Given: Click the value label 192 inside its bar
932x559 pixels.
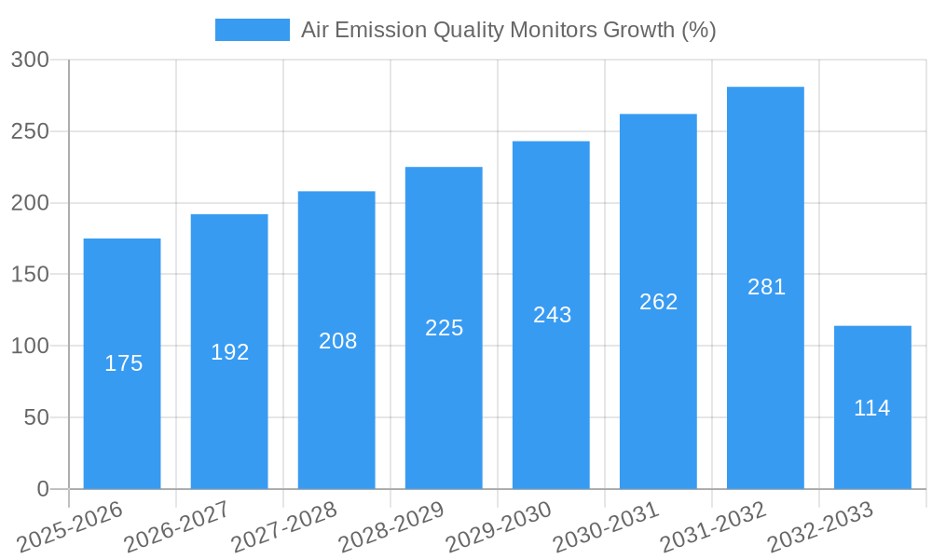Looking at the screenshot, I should tap(229, 352).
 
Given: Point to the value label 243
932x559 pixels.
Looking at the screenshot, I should tap(552, 315).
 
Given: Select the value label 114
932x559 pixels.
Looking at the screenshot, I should tap(872, 408).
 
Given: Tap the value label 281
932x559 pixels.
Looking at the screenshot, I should tap(766, 287).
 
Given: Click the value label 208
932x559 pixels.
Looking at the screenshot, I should tap(337, 341).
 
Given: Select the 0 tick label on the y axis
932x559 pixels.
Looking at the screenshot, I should tap(42, 489).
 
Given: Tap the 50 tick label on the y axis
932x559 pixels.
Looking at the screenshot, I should tap(36, 417).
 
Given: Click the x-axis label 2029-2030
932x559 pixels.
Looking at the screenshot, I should tap(499, 526).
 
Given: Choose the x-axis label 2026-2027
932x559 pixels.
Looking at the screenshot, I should tap(177, 526).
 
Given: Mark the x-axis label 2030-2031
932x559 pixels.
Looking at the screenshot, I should tap(606, 526).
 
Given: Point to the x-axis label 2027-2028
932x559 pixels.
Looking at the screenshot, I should tap(284, 526).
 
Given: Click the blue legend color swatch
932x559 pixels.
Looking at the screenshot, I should tap(252, 30).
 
